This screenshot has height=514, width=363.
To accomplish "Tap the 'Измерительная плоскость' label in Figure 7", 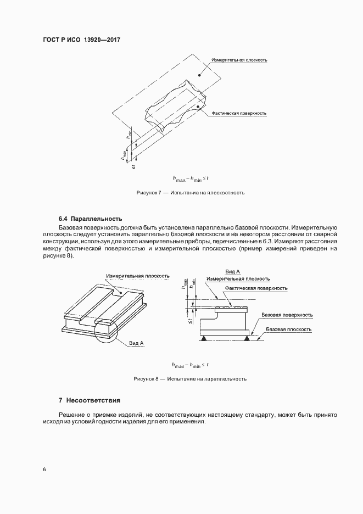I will [239, 60].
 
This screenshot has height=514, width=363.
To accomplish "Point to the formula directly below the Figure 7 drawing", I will [191, 178].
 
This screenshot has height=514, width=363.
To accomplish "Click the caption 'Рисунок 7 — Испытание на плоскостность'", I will [190, 193].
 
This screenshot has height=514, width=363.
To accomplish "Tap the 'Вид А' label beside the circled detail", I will [136, 343].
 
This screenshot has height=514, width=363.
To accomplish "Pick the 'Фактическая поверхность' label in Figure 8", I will [255, 288].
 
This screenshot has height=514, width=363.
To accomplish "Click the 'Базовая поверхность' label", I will [287, 315].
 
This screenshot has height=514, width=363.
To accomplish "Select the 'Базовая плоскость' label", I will [288, 329].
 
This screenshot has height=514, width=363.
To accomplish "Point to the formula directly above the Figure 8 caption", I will [191, 365].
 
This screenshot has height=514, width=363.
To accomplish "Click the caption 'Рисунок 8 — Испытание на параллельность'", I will [190, 379].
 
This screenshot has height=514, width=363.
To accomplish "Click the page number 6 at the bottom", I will [44, 470].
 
